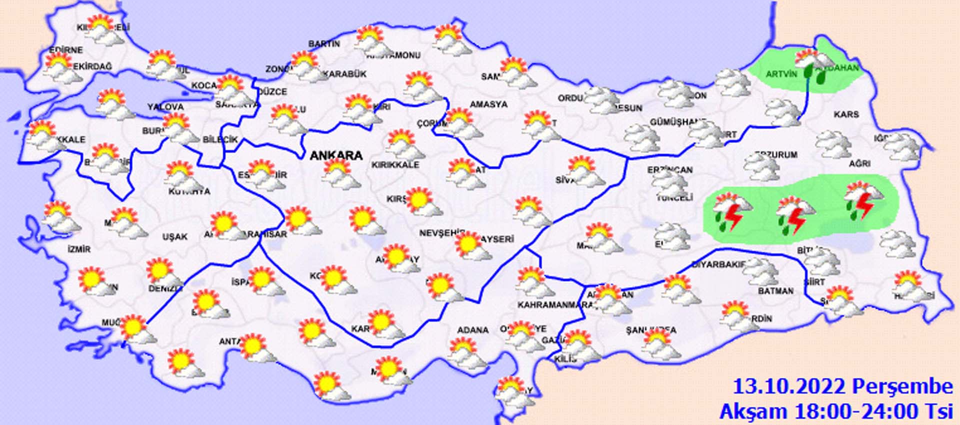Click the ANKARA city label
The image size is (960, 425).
tap(336, 155)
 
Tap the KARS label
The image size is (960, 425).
tap(846, 115)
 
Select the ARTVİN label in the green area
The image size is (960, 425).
tap(781, 75)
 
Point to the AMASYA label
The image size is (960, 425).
tap(488, 105)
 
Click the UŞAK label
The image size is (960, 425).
tap(175, 236)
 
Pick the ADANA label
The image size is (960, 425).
tap(472, 330)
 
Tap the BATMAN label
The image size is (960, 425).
tap(775, 291)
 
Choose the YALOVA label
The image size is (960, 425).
tap(165, 107)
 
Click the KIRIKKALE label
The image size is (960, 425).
tap(395, 165)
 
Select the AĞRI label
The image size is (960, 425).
tap(859, 163)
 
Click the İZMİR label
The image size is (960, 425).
tap(79, 249)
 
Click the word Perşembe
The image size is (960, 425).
tap(902, 386)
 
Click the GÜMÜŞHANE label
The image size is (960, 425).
tap(677, 122)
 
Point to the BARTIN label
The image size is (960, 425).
tap(324, 44)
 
